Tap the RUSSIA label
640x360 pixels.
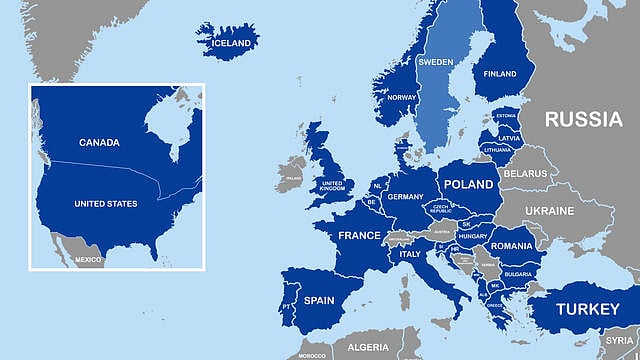pos(583,119)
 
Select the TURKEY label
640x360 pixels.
pos(587,309)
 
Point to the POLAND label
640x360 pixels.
pos(468,184)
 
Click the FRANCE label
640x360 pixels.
pos(359,236)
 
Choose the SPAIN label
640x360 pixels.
pos(318,299)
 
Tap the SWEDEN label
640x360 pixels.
pos(435,61)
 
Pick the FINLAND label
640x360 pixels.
pos(500,74)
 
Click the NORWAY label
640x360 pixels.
pos(401,97)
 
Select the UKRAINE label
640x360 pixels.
pos(550,211)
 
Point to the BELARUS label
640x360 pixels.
pos(525,173)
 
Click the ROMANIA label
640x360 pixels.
pos(511,245)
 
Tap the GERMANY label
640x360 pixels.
pos(406,197)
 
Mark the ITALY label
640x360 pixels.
pos(410,254)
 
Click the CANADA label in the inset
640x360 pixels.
pos(99,142)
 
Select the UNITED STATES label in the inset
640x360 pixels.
pos(106,204)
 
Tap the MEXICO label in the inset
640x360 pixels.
pos(88,260)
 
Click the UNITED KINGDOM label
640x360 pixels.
pos(332,186)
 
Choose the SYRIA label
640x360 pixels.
pos(619,341)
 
